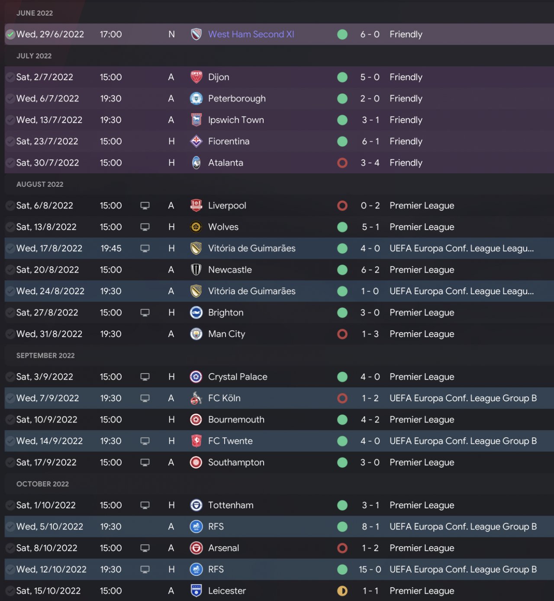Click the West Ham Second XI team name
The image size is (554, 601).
click(x=251, y=34)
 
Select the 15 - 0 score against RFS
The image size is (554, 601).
click(x=370, y=569)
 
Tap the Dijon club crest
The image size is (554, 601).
click(x=196, y=77)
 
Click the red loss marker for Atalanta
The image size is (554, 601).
click(x=342, y=163)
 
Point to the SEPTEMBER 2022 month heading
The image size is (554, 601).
click(x=45, y=355)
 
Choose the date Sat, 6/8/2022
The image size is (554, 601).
click(x=45, y=205)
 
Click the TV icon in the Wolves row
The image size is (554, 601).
click(x=145, y=227)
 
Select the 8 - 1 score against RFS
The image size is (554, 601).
click(x=370, y=526)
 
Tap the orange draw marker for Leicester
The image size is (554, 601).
click(x=342, y=591)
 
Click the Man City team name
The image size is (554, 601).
click(x=226, y=334)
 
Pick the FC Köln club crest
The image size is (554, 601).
click(x=196, y=398)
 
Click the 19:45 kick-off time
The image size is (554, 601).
click(x=111, y=248)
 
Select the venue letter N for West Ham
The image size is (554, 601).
click(x=171, y=34)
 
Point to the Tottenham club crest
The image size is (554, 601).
click(x=196, y=505)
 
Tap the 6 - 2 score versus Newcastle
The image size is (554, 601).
click(x=370, y=270)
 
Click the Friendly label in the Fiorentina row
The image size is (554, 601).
click(x=406, y=141)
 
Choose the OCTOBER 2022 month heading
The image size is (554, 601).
click(x=42, y=484)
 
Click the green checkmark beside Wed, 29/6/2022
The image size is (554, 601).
click(x=10, y=34)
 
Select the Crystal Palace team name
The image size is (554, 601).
click(x=238, y=377)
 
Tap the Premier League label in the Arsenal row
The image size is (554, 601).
click(x=422, y=548)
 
